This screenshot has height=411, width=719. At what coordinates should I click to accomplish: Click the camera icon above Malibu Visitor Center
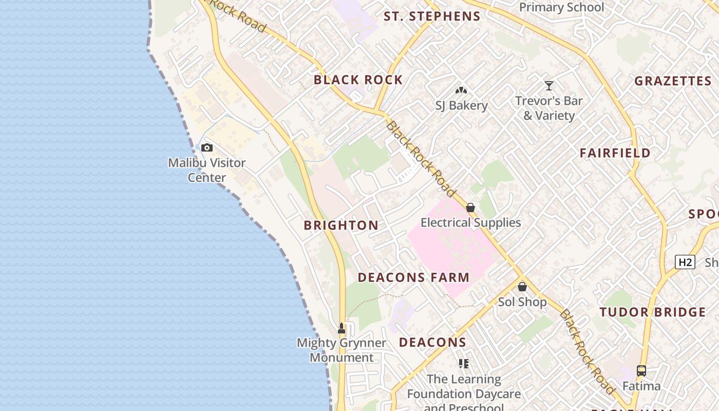coord(207,148)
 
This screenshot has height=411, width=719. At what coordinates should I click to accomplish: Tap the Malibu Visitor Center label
coord(207,170)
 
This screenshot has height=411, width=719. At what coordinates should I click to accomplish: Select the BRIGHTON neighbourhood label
coord(341,226)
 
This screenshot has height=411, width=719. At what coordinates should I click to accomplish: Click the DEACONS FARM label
coord(413,277)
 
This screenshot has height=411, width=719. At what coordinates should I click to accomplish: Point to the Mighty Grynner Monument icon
coord(342,328)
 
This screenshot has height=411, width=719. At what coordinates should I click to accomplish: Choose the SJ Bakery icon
coord(461,90)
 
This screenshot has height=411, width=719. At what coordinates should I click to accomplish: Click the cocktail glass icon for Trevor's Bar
coord(549,86)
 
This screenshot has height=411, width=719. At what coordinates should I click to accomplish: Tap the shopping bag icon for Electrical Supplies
coord(470,208)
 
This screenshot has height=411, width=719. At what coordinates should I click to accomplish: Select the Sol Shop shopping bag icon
coord(522,287)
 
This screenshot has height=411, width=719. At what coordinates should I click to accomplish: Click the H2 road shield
coord(685,262)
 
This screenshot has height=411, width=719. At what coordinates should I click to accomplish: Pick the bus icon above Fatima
coord(641,370)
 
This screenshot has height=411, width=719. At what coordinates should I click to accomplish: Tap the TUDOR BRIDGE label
coord(653,312)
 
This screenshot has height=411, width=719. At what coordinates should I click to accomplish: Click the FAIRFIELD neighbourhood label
coord(615,153)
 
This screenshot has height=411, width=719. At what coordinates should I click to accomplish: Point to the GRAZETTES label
coord(673,81)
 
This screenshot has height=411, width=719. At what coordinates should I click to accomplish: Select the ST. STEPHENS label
coord(432,16)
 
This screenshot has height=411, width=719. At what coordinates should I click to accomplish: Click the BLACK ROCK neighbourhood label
coord(358,80)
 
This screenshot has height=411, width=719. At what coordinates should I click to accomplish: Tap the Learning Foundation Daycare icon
coord(464,364)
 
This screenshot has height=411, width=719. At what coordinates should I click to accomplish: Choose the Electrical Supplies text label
coord(470,222)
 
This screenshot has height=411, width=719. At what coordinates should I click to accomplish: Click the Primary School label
coord(561,7)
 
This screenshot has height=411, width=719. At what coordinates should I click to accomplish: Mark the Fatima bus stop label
coord(641,385)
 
